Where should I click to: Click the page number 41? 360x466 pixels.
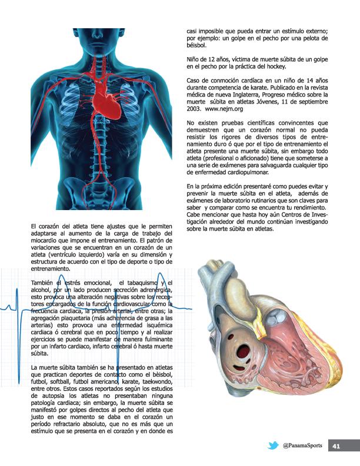337,446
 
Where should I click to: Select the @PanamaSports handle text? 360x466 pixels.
302,446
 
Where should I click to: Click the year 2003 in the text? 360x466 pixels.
194,109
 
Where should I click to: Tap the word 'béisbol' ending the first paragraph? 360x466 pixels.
195,45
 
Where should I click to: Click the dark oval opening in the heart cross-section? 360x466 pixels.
242,353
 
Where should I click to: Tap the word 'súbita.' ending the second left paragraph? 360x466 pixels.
39,354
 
